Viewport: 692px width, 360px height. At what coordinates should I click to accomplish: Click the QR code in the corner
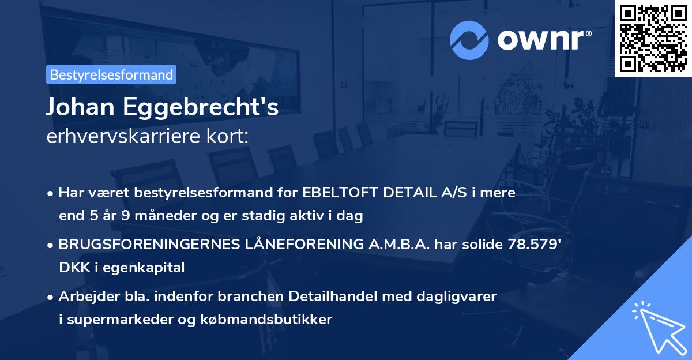[652, 38]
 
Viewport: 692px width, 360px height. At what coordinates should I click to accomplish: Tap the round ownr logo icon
[469, 39]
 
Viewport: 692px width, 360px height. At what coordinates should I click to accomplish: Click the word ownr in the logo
[543, 40]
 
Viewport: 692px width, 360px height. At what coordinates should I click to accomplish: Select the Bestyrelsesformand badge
[111, 74]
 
